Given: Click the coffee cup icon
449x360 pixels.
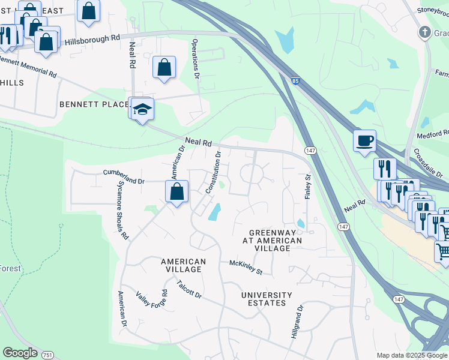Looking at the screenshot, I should click(x=364, y=141).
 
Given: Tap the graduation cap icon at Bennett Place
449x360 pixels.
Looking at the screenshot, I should click(x=142, y=109).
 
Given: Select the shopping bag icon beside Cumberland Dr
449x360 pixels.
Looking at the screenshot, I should click(x=176, y=192).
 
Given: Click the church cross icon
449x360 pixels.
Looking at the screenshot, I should click(x=424, y=32).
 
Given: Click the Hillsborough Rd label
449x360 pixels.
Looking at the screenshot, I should click(x=92, y=39).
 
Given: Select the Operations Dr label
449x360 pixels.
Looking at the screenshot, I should click(x=195, y=59).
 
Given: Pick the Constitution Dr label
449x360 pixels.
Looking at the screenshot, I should click(x=214, y=172).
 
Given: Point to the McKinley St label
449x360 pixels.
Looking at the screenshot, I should click(x=246, y=268).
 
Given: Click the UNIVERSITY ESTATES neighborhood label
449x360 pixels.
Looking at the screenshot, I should click(x=267, y=299).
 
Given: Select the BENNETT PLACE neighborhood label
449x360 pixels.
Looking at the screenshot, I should click(x=94, y=104).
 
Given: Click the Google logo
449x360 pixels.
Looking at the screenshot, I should click(x=20, y=353).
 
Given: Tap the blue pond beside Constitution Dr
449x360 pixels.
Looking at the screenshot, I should click(x=214, y=212).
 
